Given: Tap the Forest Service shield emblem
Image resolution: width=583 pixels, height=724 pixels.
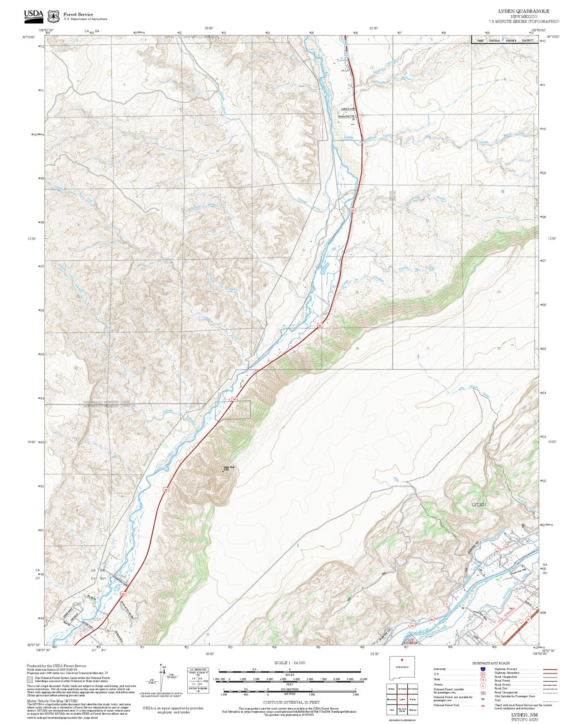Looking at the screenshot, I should click(x=53, y=16).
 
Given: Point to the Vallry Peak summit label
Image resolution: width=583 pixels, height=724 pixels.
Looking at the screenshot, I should click(x=229, y=468).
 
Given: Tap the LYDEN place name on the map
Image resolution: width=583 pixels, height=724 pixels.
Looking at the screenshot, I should click(x=478, y=504).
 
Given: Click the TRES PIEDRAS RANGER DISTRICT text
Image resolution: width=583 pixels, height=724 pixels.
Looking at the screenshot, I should click(x=505, y=40).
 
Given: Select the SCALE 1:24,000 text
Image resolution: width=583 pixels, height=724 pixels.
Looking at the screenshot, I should click(x=290, y=663).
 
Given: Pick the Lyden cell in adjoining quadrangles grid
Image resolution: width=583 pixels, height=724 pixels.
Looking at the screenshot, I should click(x=402, y=699).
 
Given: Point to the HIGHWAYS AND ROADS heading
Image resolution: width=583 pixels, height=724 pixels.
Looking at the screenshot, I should click(x=491, y=663).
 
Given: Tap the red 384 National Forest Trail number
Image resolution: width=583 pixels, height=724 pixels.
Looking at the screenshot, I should click(x=482, y=705).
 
